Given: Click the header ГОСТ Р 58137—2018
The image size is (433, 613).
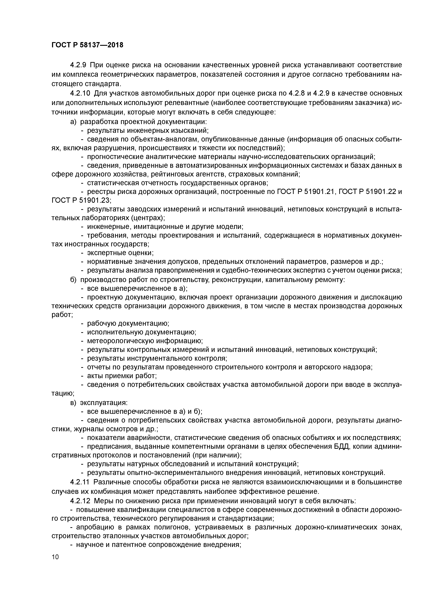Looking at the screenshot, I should (x=87, y=45).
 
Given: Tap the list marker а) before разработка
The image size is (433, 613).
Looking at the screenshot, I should (x=73, y=122).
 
